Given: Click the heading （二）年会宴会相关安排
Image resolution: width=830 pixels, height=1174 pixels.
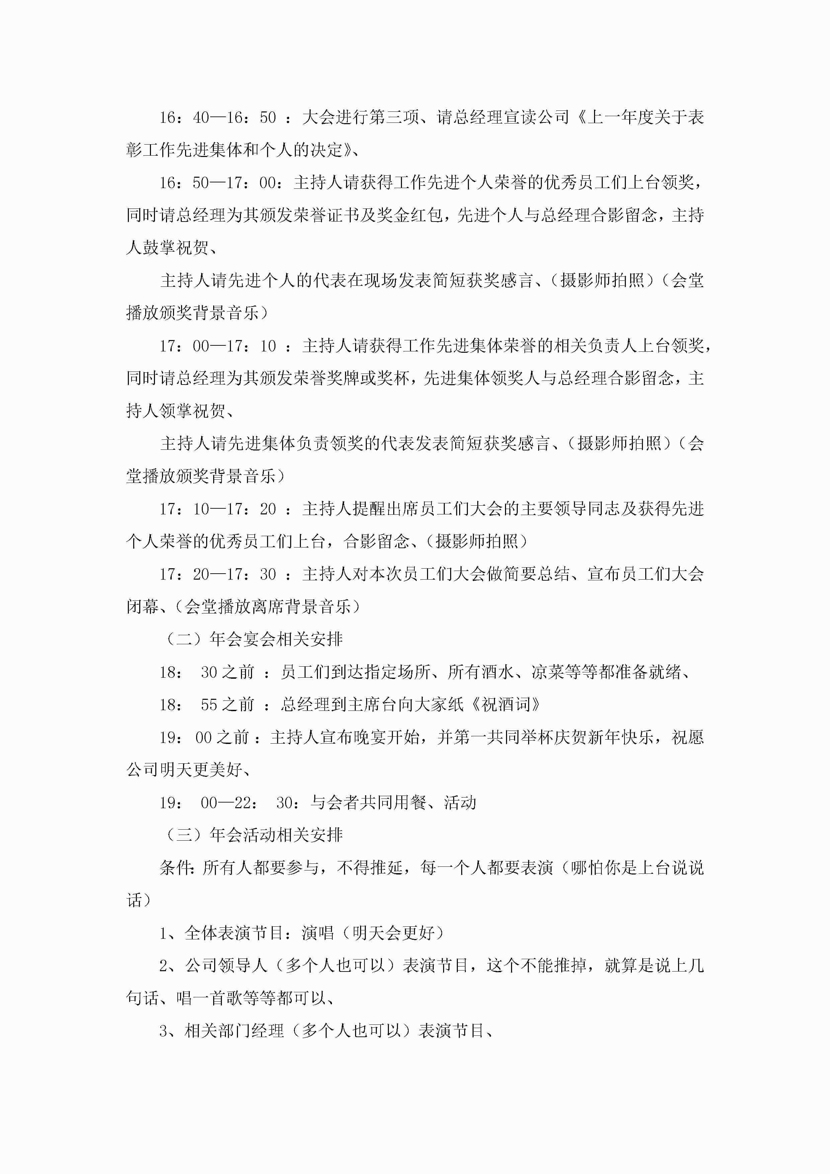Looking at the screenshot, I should pos(253,639).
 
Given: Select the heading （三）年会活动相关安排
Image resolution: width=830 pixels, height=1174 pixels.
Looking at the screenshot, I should pos(253,835).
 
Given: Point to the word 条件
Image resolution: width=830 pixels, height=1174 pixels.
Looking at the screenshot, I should pos(176,868).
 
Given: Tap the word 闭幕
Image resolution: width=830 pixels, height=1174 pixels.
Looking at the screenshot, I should pos(143,607).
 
